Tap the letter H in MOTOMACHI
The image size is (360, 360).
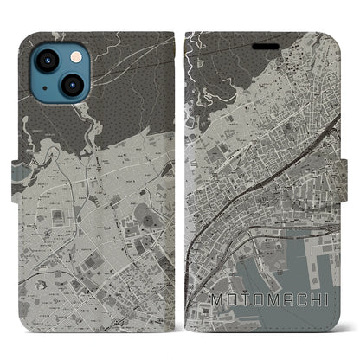tap(312, 300)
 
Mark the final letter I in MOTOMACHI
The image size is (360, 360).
tap(326, 300)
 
